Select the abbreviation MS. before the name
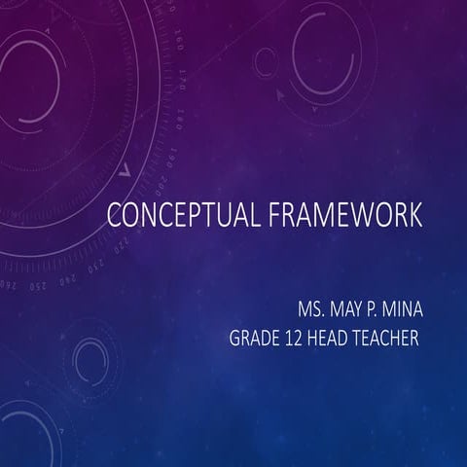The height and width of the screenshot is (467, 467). point(316,312)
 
